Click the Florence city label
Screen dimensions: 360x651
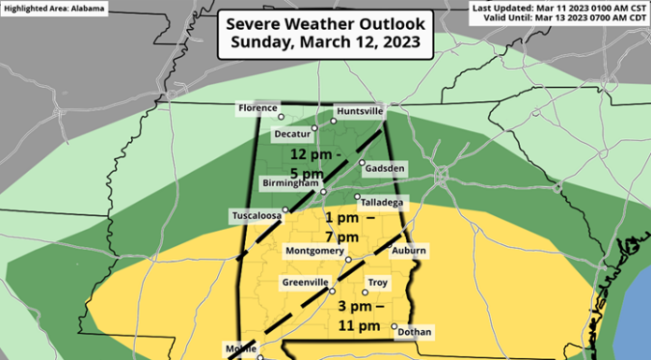pyautogui.click(x=257, y=108)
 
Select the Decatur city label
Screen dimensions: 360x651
pyautogui.click(x=291, y=134)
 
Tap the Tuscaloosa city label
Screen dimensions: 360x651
pyautogui.click(x=255, y=216)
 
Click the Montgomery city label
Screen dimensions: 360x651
pyautogui.click(x=313, y=252)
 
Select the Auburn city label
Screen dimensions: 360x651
pyautogui.click(x=409, y=251)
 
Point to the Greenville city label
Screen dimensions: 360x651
pyautogui.click(x=305, y=281)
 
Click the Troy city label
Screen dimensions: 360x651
pyautogui.click(x=378, y=281)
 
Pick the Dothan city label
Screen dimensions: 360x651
pyautogui.click(x=414, y=331)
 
